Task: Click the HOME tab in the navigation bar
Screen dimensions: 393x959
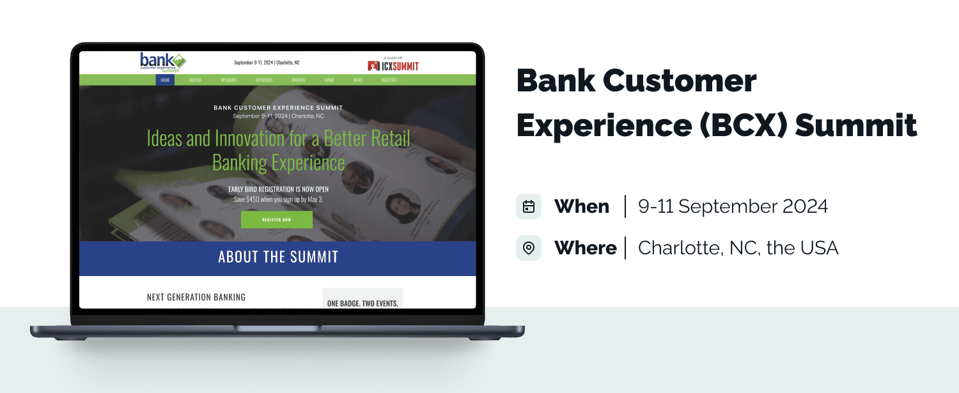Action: pos(165,80)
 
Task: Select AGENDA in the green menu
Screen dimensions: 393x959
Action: pos(195,80)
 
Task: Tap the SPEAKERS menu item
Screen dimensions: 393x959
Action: pos(228,80)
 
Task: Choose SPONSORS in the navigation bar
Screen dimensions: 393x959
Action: pos(264,80)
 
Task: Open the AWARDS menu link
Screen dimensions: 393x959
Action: pos(298,80)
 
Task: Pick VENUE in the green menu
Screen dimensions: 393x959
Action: pos(329,80)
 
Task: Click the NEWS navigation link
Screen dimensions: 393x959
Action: pos(357,80)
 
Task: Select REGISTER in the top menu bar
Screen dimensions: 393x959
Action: pos(389,80)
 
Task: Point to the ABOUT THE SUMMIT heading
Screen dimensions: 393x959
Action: pos(277,258)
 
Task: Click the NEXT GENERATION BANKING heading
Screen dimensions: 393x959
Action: pos(196,297)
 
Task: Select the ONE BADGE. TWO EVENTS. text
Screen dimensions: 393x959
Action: pos(362,304)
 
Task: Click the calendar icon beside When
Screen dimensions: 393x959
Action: pos(529,206)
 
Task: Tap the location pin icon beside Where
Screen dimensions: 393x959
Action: pos(529,248)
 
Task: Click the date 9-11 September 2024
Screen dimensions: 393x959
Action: pos(733,206)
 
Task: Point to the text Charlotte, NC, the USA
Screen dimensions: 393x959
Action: pos(738,248)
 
